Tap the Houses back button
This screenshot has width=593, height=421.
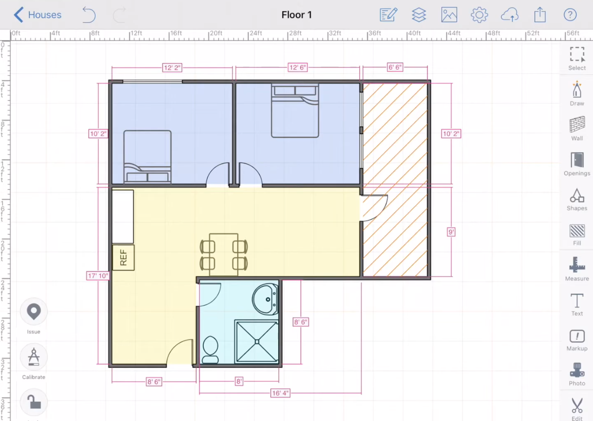pos(38,15)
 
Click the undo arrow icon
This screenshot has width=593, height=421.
pos(89,15)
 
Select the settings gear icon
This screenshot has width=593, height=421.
pos(479,15)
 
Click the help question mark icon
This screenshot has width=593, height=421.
pos(570,15)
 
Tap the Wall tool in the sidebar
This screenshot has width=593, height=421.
pos(577,129)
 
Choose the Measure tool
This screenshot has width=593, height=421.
pos(577,269)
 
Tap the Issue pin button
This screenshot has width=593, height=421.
pos(34,311)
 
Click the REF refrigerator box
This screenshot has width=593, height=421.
pos(123,258)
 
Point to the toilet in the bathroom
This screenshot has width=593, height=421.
pos(210,350)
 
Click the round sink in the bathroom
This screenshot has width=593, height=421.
pos(265,299)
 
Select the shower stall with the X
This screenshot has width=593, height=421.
pos(257,342)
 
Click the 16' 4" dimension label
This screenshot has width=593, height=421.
pos(280,393)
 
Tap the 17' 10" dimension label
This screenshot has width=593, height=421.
pos(98,276)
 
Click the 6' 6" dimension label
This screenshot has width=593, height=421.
pos(395,67)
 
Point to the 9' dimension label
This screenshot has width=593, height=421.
pos(451,232)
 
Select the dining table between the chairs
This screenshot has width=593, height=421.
pos(224,254)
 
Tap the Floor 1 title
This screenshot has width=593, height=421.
pos(296,15)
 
